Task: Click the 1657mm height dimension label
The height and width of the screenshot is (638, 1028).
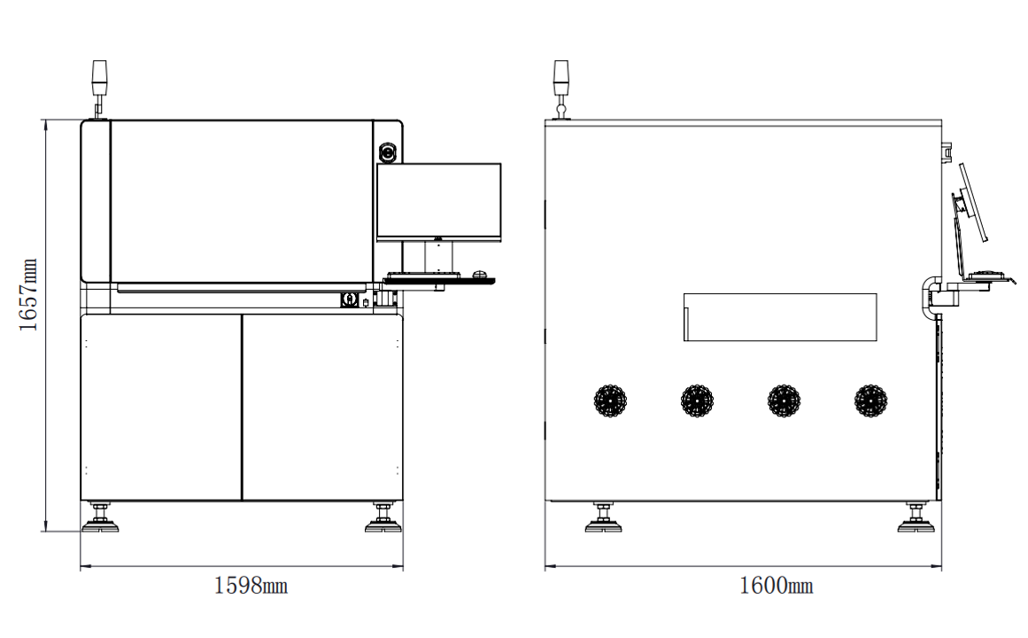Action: pos(29,295)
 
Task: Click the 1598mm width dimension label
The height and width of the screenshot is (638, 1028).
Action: pos(251,586)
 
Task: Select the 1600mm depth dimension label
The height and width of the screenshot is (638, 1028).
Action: pos(777,586)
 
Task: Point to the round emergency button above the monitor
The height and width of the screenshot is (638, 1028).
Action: pos(388,152)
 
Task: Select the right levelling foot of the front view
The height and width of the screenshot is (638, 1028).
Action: pos(383,520)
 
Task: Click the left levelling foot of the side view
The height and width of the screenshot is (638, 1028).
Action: pos(603,520)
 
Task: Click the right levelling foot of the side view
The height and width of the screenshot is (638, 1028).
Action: pos(916,520)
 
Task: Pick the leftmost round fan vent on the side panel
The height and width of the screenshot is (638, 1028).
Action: pos(610,401)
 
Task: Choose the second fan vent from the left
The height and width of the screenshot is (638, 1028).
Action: pos(697,401)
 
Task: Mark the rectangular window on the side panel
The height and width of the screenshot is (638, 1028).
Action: pos(780,317)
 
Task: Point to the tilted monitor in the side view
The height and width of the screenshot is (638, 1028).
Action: pos(972,202)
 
